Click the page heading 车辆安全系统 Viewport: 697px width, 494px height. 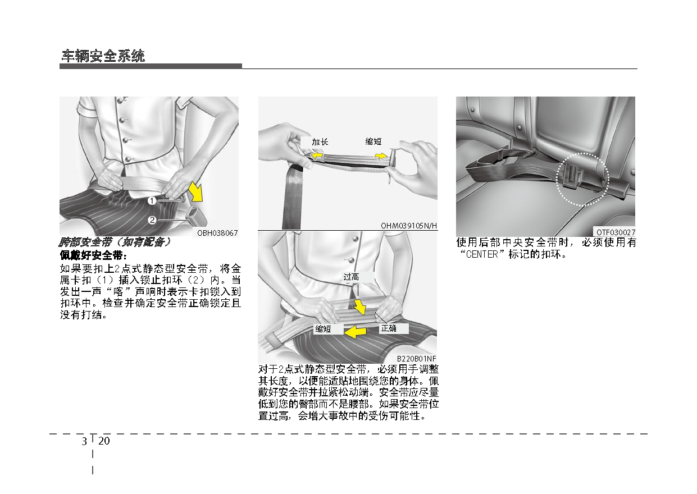[103, 56]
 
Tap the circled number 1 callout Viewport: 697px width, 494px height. [152, 200]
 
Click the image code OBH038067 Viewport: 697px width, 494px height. [217, 233]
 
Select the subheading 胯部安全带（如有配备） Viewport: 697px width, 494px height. [115, 243]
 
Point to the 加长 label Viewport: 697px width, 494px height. [320, 142]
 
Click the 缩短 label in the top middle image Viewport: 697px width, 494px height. [373, 142]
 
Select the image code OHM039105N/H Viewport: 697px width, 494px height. [409, 226]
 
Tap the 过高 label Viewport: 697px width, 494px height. [351, 277]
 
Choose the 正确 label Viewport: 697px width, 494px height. [389, 328]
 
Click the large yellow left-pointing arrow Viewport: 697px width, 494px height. [355, 332]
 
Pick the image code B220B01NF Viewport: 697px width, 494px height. [416, 358]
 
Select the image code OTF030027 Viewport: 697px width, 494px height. [616, 232]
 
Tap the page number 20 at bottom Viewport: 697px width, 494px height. [104, 441]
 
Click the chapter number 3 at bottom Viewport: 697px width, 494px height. [84, 441]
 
